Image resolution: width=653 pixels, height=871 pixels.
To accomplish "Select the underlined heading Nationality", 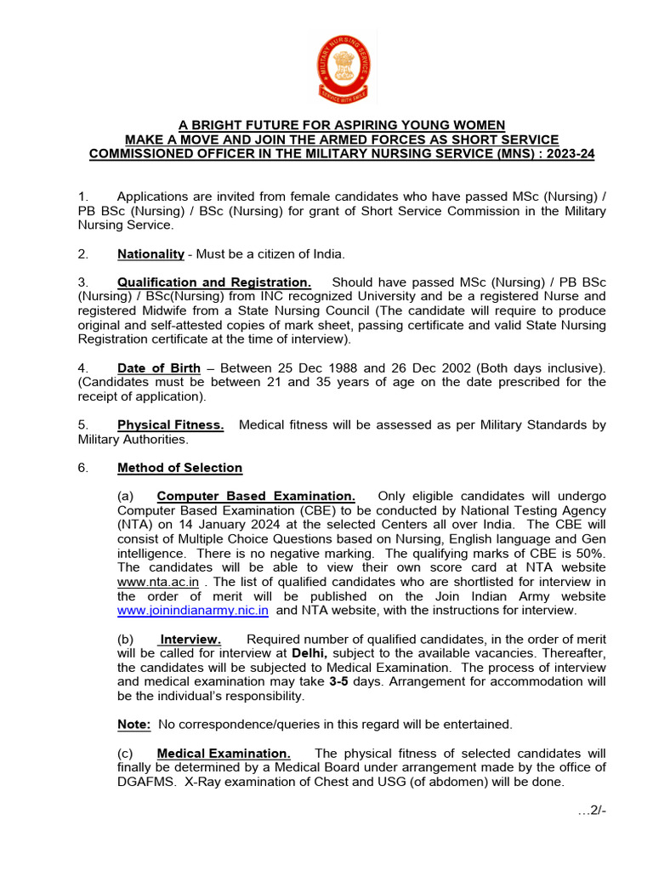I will [150, 254].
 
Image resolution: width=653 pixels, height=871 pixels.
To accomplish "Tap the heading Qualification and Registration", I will [214, 282].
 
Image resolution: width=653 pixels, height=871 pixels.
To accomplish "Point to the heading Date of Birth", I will [159, 368].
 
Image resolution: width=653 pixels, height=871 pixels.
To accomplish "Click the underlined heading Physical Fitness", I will [170, 425].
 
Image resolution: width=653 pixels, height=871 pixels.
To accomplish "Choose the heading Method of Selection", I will [179, 468].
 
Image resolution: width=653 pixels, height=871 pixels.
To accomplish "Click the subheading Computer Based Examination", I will [256, 496].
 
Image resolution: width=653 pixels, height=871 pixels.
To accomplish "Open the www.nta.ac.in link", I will [158, 582].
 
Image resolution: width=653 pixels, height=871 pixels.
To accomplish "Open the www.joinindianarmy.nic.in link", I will [193, 610].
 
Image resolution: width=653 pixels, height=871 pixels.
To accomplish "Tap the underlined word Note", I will [134, 725].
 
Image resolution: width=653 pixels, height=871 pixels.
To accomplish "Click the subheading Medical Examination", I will [224, 754].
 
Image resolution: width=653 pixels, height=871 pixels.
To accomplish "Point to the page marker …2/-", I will [592, 811].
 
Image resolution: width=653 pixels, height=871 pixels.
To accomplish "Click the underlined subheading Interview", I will [190, 639].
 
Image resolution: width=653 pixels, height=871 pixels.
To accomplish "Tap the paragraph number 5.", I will [82, 425].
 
